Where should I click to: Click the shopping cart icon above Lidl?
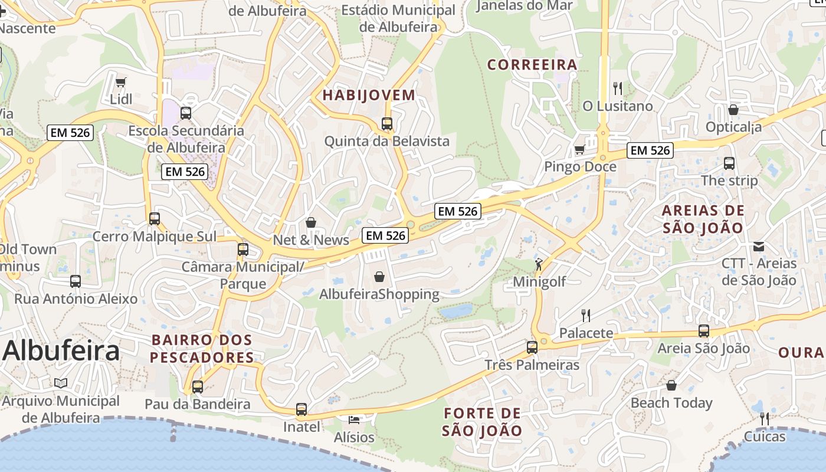121,82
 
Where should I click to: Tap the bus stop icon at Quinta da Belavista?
387,124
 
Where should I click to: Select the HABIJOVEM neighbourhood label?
369,95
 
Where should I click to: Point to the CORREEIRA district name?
532,65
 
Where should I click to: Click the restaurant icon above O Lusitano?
618,88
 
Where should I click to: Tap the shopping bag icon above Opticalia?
733,110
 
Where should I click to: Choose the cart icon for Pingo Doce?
580,149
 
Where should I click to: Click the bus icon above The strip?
729,163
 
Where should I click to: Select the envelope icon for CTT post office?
759,246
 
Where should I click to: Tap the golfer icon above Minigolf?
539,264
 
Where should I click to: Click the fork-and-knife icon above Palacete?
586,315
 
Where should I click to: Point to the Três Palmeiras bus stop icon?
532,348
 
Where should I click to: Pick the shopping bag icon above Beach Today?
671,386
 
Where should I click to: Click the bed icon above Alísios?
354,419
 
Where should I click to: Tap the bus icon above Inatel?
301,409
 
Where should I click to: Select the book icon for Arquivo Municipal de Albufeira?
61,383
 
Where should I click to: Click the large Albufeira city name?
61,351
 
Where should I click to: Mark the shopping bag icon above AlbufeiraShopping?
379,276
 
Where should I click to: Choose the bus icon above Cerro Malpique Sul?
155,219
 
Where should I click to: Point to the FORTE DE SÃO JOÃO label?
482,422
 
